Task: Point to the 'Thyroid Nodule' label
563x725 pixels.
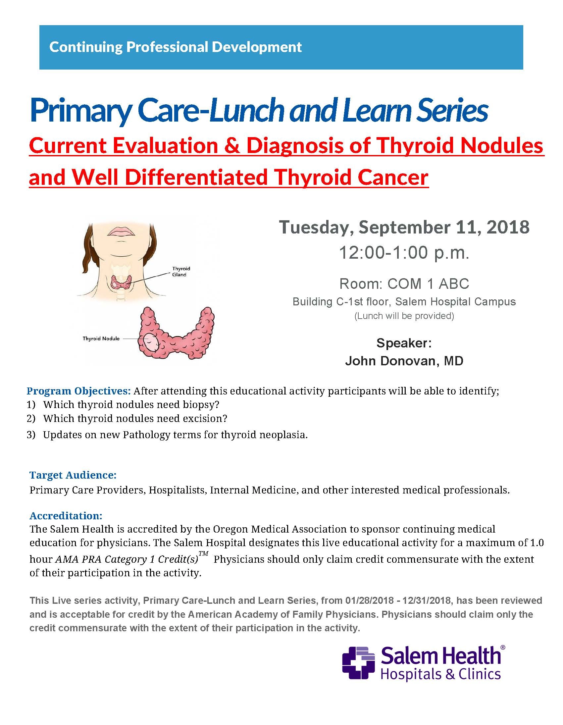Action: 101,338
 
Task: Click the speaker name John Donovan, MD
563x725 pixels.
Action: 404,361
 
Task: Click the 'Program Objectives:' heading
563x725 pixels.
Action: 79,391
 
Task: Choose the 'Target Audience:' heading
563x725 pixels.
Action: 73,475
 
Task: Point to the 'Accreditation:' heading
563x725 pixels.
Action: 66,516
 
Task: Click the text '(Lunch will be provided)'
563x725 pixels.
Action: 404,316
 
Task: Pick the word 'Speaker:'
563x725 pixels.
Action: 404,343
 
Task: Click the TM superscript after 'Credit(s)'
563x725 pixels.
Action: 203,553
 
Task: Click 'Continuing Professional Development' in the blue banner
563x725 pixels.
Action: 175,47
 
